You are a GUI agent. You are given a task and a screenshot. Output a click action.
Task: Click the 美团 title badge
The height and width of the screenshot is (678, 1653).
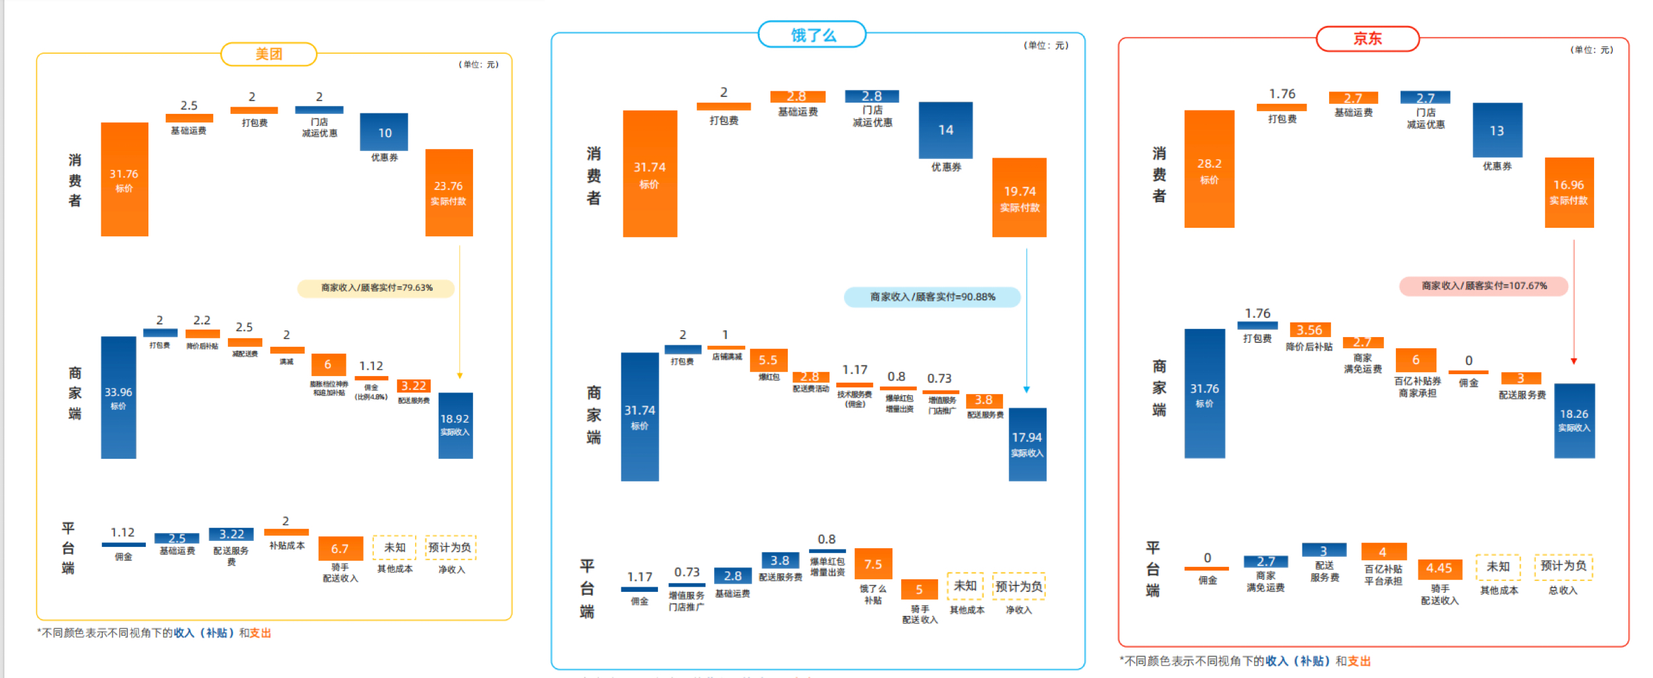[268, 54]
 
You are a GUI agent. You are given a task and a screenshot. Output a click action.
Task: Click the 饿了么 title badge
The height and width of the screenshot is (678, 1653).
[812, 35]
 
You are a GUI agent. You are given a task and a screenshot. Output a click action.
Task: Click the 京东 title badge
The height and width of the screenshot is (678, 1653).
[1367, 39]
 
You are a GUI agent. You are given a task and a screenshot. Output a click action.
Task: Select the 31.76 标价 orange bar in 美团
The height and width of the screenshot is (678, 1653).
[124, 179]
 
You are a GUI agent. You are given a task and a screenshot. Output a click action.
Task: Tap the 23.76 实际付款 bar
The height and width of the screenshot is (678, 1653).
[449, 193]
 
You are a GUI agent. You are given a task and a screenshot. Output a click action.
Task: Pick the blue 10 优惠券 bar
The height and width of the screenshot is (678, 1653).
[384, 132]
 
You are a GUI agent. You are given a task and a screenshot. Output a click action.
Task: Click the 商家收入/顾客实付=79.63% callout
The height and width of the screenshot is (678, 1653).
[376, 288]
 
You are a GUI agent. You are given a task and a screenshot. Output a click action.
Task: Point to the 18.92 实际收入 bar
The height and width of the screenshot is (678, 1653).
[455, 425]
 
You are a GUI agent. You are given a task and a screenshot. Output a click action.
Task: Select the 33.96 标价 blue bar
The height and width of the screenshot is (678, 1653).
[118, 397]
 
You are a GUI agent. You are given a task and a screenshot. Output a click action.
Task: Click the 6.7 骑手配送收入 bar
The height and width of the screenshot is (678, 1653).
[340, 549]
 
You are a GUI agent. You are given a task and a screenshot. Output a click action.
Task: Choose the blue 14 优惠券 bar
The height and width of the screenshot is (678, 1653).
[945, 130]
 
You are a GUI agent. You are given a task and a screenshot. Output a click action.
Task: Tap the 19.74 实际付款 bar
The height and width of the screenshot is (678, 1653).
[1019, 197]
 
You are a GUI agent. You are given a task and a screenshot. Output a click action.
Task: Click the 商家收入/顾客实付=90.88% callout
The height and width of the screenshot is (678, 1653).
[932, 297]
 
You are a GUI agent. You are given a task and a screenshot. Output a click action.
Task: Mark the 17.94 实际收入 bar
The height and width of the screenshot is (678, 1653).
[1027, 444]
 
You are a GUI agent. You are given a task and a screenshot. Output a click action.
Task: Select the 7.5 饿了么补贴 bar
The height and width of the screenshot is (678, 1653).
[873, 563]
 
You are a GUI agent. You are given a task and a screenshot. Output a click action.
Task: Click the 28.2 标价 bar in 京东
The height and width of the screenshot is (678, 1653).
[1209, 169]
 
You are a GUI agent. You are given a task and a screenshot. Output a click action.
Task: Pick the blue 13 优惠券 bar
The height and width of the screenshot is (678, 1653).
[1497, 130]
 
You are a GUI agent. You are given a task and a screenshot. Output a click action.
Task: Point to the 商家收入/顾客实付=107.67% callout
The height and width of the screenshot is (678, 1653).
[1483, 286]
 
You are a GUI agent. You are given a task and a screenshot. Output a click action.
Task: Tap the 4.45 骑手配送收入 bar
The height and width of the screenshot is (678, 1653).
[1439, 569]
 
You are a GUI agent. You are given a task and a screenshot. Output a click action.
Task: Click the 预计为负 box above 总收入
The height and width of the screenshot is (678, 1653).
[1563, 566]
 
